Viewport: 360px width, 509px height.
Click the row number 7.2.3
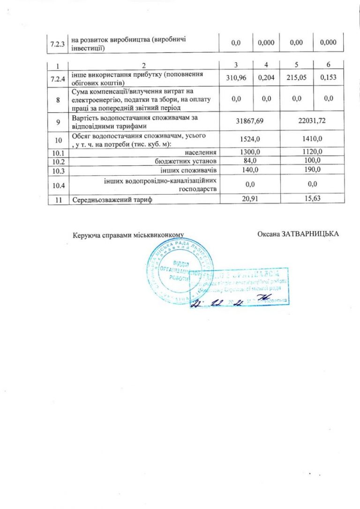pyautogui.click(x=58, y=43)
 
